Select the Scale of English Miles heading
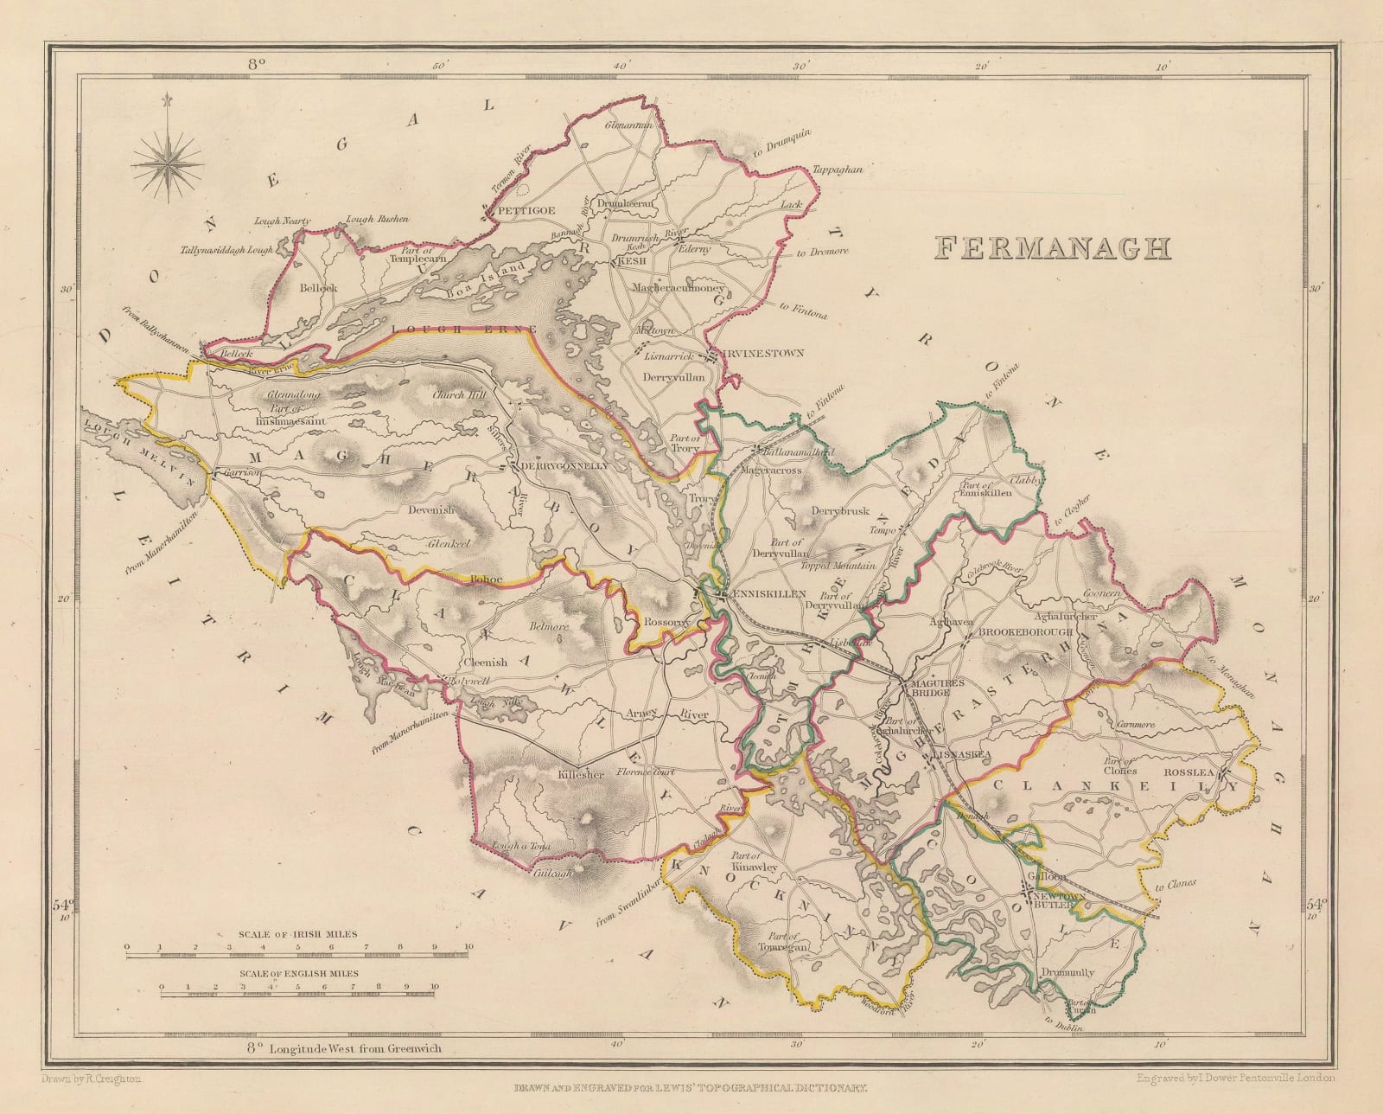click(298, 972)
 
